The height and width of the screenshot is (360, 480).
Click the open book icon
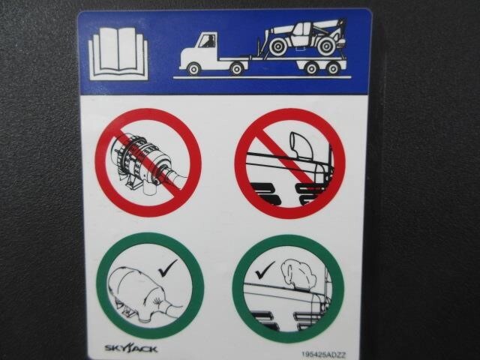coord(118,53)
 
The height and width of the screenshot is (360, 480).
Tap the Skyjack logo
coord(131,348)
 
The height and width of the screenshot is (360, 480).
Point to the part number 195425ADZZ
coord(324,355)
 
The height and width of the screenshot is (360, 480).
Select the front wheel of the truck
coord(193,68)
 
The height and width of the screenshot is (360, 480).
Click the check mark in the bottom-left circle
coord(168,268)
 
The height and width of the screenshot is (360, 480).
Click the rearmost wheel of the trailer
coord(333,68)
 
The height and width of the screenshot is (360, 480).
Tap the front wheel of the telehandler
coord(278,46)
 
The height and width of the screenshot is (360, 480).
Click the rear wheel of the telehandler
coord(326,46)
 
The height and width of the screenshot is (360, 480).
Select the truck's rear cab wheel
coord(237,68)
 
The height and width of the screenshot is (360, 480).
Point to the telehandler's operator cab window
coord(301,31)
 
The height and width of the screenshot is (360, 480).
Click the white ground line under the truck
coord(262,77)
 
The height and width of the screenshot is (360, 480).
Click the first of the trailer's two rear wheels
coord(311,68)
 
